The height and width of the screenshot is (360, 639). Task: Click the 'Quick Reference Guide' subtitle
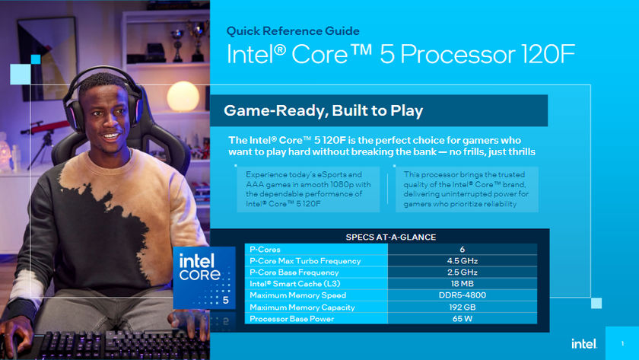(293, 31)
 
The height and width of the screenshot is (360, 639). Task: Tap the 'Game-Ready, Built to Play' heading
(323, 111)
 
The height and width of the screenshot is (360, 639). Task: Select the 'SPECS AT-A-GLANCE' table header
(391, 237)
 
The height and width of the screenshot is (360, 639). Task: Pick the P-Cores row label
(265, 249)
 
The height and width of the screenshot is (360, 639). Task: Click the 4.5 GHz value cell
(462, 260)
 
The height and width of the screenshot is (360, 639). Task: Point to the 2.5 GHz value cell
(462, 272)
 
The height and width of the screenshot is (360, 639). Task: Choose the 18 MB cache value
(462, 283)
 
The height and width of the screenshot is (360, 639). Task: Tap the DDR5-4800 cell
(462, 295)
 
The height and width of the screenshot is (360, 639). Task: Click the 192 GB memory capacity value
(462, 307)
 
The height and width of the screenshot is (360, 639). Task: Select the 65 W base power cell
(462, 318)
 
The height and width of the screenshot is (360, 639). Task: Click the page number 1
(622, 343)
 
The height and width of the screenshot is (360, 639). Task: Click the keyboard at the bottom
(99, 346)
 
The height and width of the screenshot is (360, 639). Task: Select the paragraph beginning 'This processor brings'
(466, 189)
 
